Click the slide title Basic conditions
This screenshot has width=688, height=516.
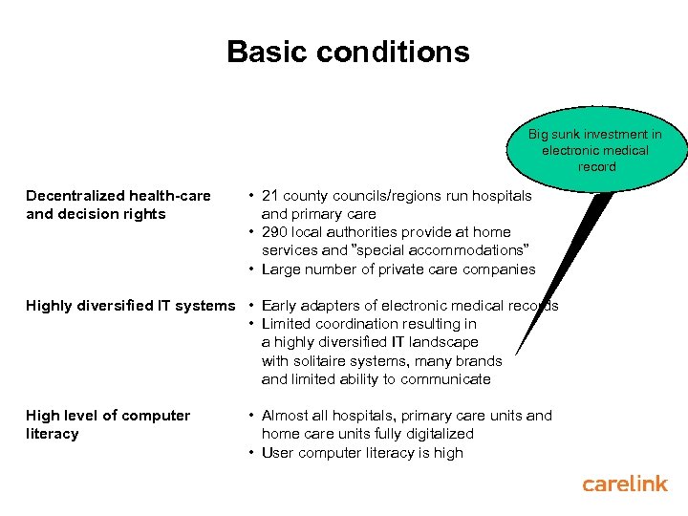[348, 52]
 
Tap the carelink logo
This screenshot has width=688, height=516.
[625, 484]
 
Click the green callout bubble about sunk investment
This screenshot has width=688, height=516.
[595, 150]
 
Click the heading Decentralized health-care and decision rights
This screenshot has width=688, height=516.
[118, 204]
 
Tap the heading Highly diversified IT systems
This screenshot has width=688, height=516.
[130, 306]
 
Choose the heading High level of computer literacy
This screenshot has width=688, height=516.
[108, 424]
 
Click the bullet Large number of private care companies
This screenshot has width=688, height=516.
[398, 269]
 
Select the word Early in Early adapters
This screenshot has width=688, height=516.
[280, 306]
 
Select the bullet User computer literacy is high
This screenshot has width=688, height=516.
[362, 453]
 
